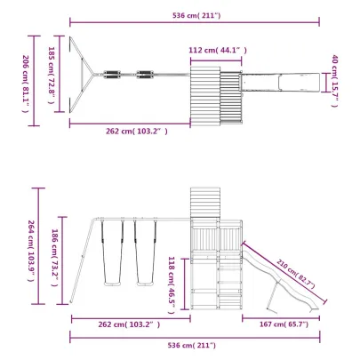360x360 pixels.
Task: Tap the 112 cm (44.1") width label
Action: coord(215,51)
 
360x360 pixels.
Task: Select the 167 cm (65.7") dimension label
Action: coord(284,324)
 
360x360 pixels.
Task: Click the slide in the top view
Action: coord(280,83)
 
